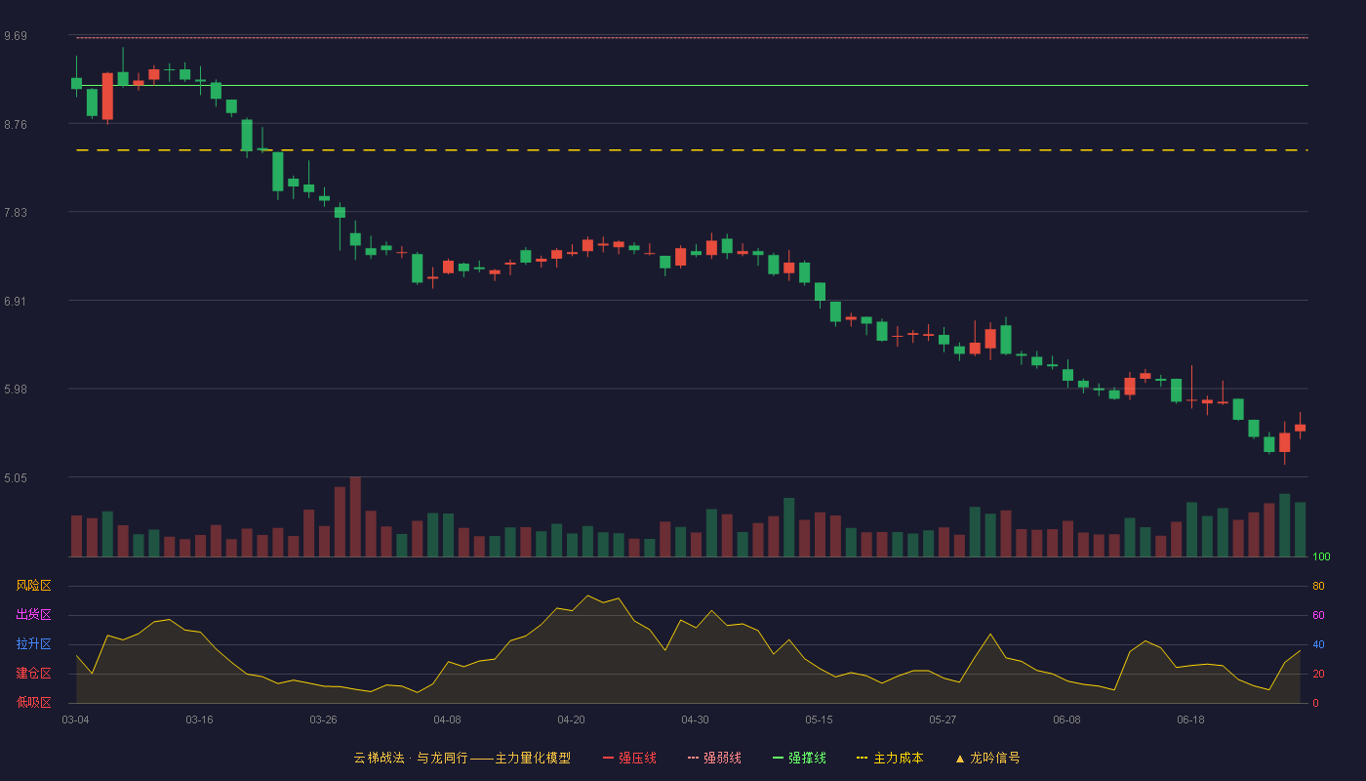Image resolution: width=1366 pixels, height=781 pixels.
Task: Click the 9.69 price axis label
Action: [x=16, y=36]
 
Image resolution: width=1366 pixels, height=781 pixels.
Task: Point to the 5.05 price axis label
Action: [x=16, y=477]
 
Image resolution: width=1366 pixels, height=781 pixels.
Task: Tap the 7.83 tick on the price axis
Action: [x=16, y=213]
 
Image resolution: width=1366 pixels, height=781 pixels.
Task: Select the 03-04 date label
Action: [x=76, y=720]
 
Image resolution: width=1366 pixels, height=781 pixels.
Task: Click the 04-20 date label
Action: [x=571, y=720]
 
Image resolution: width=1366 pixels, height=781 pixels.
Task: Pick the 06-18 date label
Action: [x=1190, y=720]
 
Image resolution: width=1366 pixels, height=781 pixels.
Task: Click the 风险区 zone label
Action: [x=33, y=585]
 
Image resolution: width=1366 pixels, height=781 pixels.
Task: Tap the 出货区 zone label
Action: [x=33, y=614]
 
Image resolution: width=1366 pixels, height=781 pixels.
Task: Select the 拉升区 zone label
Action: [x=33, y=643]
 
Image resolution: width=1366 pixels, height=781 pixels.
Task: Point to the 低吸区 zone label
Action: [x=33, y=702]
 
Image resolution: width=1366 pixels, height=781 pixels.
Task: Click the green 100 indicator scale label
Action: [x=1321, y=556]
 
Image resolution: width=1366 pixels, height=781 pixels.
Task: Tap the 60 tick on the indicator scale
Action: [x=1318, y=615]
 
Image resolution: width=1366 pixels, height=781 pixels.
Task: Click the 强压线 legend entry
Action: [x=629, y=758]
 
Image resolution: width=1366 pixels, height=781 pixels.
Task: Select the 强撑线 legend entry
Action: [x=799, y=758]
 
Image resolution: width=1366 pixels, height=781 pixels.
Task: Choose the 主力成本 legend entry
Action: [x=890, y=758]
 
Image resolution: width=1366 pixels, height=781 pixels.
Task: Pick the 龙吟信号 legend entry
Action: [x=987, y=758]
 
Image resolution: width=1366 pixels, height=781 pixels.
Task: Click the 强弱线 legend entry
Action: [x=714, y=758]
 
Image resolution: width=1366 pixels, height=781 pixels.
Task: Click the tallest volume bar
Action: [x=355, y=516]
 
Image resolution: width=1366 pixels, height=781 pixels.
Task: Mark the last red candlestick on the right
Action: [x=1300, y=428]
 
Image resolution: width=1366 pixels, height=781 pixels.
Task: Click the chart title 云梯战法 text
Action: [x=379, y=758]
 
